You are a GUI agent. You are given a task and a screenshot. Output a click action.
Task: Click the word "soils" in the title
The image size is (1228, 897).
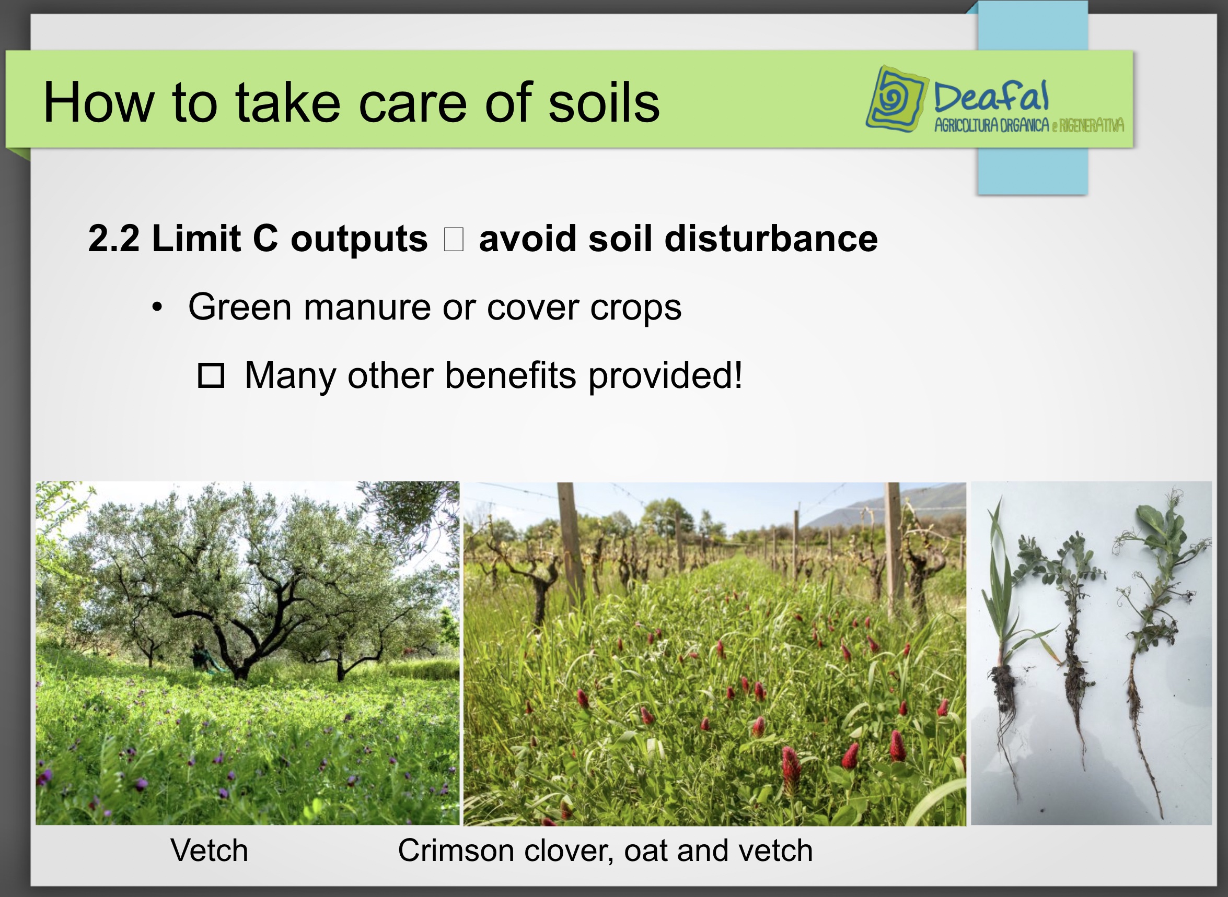click(604, 102)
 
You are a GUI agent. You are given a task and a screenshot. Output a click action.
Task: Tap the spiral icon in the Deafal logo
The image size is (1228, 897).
click(896, 99)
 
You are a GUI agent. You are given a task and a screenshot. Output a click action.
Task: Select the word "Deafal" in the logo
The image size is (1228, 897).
click(991, 97)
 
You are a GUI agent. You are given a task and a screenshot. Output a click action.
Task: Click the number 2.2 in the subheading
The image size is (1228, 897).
click(113, 239)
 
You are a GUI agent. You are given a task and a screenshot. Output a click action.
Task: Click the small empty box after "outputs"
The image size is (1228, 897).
click(454, 240)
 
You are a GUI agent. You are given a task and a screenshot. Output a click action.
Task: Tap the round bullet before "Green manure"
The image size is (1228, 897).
click(157, 308)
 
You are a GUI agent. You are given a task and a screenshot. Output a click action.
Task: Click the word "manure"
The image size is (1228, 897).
click(367, 308)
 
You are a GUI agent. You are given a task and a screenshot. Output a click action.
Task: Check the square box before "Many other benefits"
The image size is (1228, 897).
click(211, 375)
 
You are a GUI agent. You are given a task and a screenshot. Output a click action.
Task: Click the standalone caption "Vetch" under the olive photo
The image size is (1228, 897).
click(209, 851)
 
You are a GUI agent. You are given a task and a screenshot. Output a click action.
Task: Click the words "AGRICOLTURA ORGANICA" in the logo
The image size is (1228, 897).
click(992, 125)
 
